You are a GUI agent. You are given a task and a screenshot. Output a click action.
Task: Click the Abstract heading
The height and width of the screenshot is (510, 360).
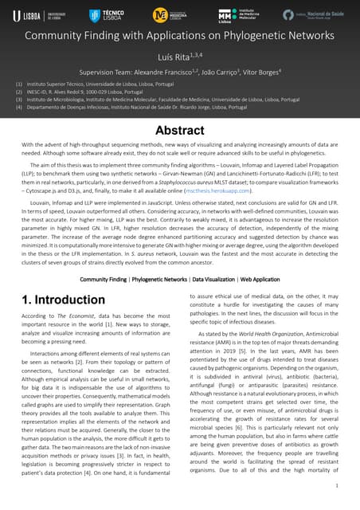coord(179,129)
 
